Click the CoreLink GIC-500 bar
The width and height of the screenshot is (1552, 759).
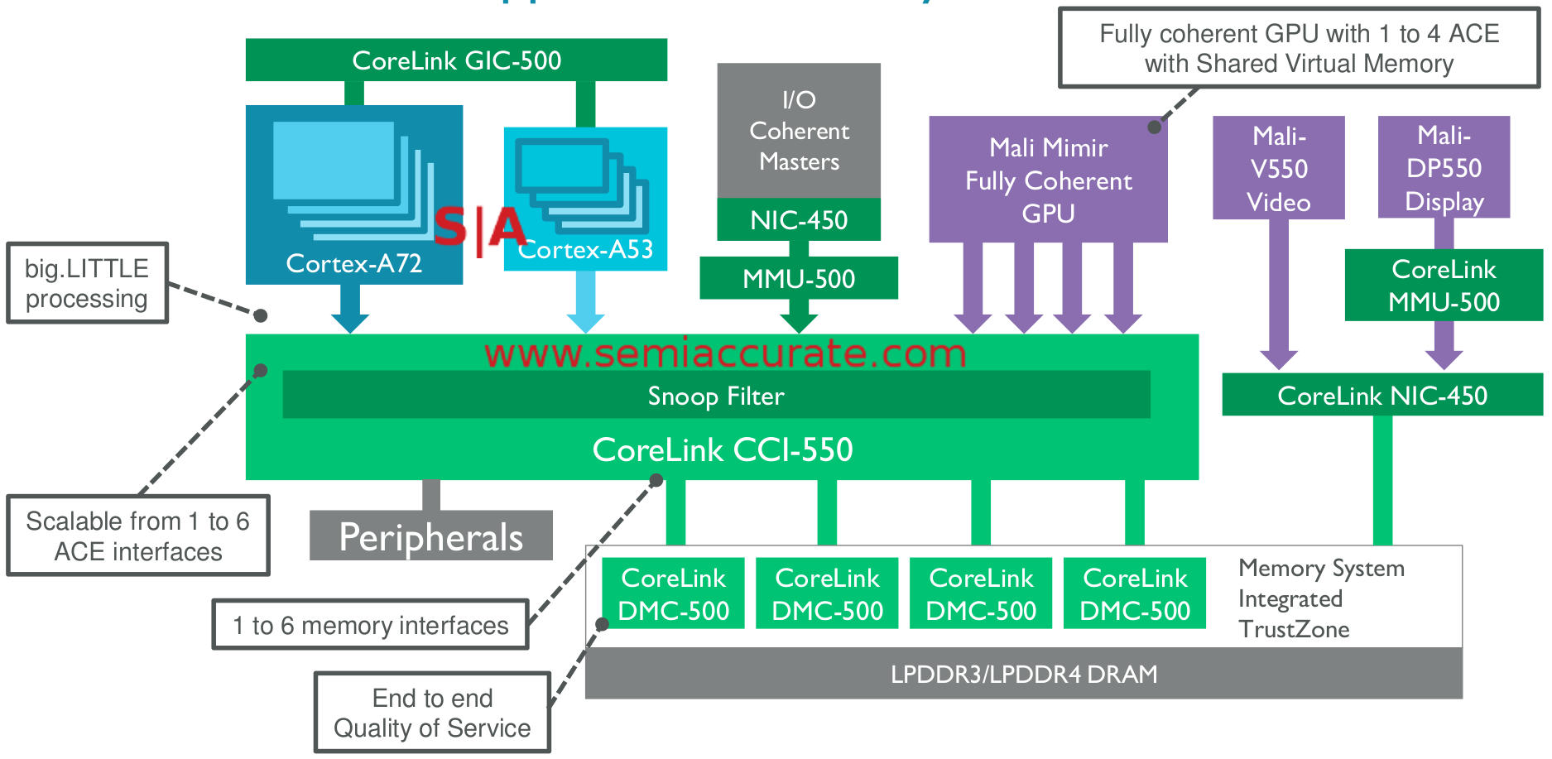[x=456, y=60]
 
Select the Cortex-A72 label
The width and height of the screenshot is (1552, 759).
[x=353, y=263]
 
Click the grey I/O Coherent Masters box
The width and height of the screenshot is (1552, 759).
[x=799, y=131]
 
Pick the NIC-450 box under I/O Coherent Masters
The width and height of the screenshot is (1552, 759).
[x=799, y=220]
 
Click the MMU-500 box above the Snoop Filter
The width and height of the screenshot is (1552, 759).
[x=799, y=279]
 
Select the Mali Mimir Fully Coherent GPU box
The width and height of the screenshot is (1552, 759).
[x=1048, y=180]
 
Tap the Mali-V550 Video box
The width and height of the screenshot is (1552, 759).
[x=1278, y=168]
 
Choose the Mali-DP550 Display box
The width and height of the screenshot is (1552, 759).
[x=1444, y=168]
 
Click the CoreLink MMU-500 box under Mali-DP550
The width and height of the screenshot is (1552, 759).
[x=1444, y=286]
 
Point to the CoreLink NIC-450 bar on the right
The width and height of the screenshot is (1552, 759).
[x=1381, y=396]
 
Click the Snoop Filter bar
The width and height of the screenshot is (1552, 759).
[x=716, y=396]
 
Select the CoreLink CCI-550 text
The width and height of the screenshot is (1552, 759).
[x=722, y=449]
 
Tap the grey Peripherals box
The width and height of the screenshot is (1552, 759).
[x=430, y=537]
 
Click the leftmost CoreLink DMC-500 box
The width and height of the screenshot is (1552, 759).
[x=673, y=593]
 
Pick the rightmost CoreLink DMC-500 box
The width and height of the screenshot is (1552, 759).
[x=1134, y=593]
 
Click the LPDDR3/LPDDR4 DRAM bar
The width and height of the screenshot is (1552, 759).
[x=1023, y=674]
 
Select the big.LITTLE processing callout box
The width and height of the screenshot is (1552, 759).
[x=87, y=283]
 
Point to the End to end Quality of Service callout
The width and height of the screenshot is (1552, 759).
[x=432, y=713]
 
